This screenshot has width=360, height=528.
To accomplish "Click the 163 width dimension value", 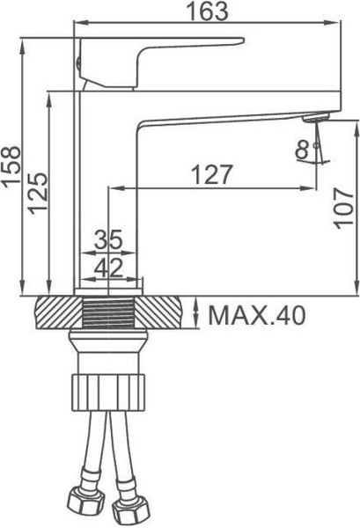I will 209,11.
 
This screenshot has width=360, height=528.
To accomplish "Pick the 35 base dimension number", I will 109,239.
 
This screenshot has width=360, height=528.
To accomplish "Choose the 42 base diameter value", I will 109,265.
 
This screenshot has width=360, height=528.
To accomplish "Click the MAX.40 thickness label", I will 257,315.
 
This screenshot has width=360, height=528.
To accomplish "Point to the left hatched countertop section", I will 54,313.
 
